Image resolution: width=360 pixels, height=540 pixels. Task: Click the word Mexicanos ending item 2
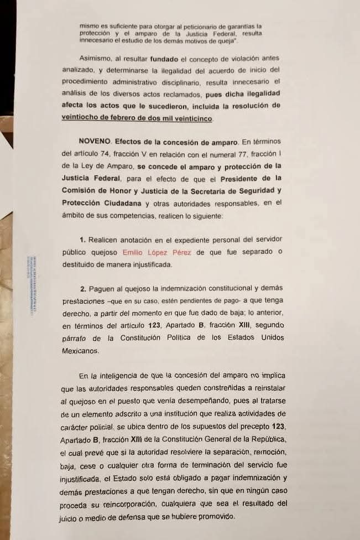(x=80, y=351)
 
